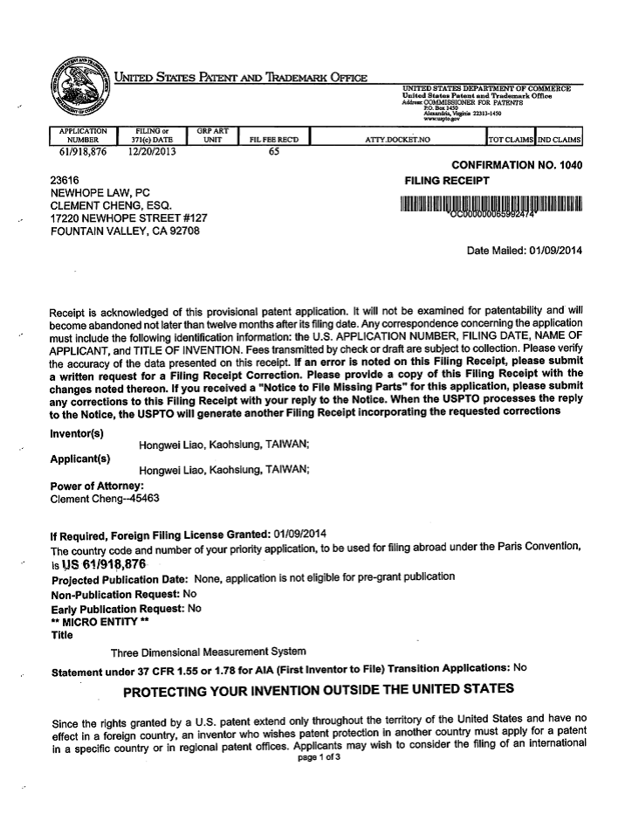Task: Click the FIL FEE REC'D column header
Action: pos(273,139)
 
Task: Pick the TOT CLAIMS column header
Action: pos(510,139)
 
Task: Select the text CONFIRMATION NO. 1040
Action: pos(516,165)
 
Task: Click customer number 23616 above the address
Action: pos(66,181)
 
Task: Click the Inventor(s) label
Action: pos(78,432)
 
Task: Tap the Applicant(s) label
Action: pos(80,458)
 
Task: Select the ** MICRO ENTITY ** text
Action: pos(94,621)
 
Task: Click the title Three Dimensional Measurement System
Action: pos(208,652)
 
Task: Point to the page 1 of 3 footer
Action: pos(319,756)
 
